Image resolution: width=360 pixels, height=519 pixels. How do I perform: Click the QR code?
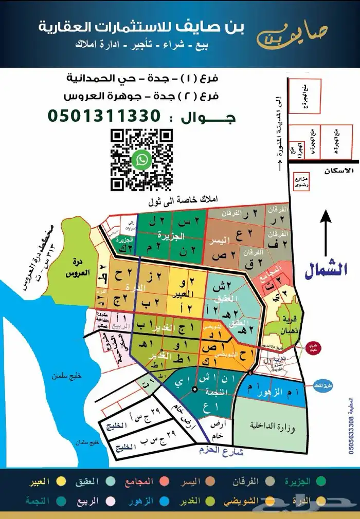(142, 160)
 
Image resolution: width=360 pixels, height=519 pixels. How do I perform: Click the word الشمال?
(326, 270)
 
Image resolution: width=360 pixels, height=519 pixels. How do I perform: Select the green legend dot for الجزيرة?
(322, 482)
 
